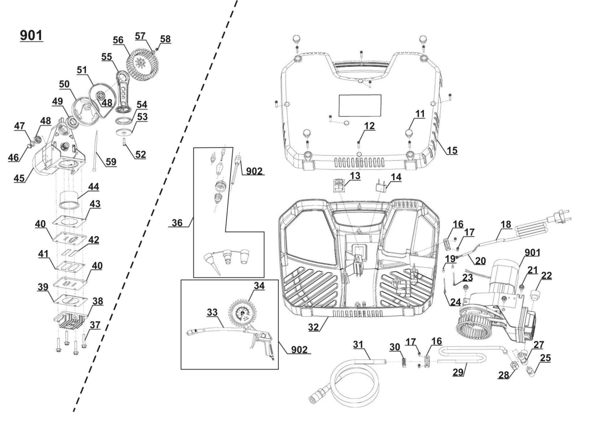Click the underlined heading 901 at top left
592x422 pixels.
pyautogui.click(x=31, y=36)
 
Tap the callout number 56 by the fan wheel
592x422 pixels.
pyautogui.click(x=118, y=40)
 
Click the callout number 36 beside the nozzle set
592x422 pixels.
pyautogui.click(x=177, y=223)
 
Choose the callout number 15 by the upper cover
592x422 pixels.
pyautogui.click(x=452, y=150)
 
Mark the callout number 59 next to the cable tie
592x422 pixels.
pyautogui.click(x=111, y=162)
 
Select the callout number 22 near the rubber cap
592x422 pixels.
pyautogui.click(x=546, y=276)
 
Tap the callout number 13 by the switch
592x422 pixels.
pyautogui.click(x=355, y=176)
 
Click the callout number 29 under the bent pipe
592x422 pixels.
pyautogui.click(x=458, y=372)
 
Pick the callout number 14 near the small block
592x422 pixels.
pyautogui.click(x=396, y=177)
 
